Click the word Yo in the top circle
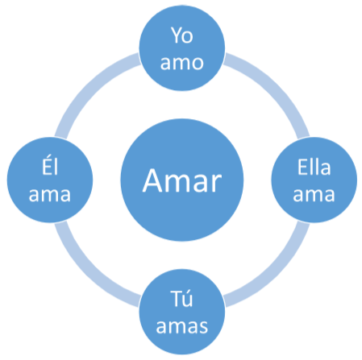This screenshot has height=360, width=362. tap(182, 35)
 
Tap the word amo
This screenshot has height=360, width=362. tap(182, 63)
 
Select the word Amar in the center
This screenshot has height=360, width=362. tap(182, 180)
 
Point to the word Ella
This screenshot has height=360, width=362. tap(314, 167)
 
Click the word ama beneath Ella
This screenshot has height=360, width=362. tap(314, 194)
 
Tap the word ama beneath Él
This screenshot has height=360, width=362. tap(50, 194)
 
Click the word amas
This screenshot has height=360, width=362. tap(182, 326)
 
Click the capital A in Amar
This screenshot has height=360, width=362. tap(152, 180)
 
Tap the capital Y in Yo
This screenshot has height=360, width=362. tap(176, 35)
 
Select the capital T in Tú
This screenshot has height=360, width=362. tap(175, 299)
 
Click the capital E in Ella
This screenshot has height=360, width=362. tap(302, 167)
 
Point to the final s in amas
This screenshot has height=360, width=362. tap(203, 327)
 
